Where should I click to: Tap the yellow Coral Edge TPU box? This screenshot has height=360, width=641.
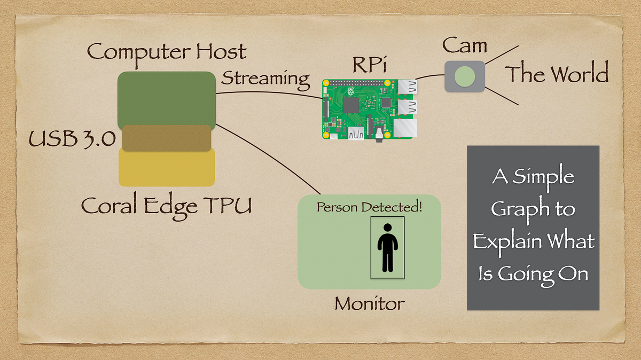[166, 170]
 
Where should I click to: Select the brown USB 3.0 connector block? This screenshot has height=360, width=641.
[166, 138]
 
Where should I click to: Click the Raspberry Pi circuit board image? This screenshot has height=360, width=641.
[369, 109]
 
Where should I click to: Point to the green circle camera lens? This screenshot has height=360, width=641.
[464, 76]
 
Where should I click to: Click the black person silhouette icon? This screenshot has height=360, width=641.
[387, 252]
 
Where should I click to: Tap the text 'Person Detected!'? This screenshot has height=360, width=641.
[369, 207]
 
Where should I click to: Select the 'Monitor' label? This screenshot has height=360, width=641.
[369, 304]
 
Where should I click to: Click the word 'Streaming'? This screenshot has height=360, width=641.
[265, 79]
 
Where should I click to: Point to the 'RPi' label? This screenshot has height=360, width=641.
[368, 66]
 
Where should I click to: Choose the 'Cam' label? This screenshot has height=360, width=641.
[464, 46]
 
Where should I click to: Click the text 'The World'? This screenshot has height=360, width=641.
[557, 74]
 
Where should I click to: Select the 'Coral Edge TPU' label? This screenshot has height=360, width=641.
[166, 206]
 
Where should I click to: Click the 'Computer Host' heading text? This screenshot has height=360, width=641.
[167, 52]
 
